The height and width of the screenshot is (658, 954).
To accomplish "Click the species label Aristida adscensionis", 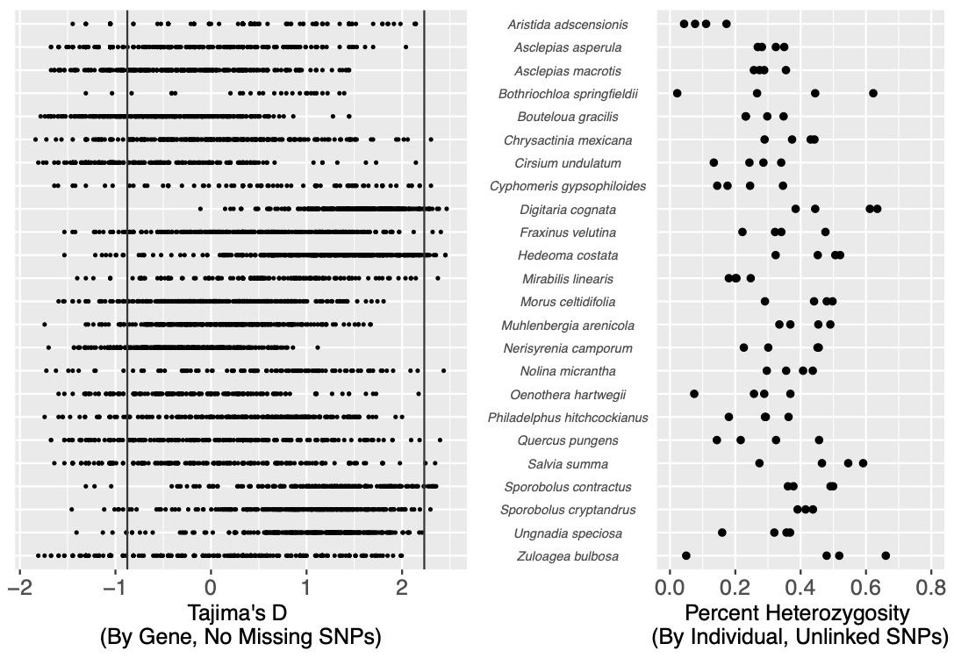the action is [568, 25].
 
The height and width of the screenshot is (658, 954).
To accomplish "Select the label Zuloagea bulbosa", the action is [568, 556].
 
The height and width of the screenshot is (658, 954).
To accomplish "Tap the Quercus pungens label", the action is [568, 441].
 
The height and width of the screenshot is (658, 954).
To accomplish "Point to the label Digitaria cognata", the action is [568, 210].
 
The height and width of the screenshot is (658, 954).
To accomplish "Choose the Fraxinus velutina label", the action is [568, 232].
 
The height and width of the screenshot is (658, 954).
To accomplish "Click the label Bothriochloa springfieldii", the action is [568, 94].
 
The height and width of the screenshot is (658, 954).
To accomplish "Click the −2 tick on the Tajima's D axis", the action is [20, 589].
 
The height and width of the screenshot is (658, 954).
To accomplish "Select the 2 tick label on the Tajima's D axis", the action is [402, 589].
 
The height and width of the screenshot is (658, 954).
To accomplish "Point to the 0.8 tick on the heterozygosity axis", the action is [930, 589].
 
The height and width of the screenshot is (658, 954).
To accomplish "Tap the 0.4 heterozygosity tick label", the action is [800, 589].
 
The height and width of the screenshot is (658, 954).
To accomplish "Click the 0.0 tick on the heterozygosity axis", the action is [670, 589].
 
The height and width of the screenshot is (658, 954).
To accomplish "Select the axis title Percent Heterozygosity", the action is [800, 613].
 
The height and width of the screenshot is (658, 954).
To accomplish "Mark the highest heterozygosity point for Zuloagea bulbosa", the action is [886, 555].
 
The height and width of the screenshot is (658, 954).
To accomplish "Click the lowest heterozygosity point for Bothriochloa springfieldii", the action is [678, 93].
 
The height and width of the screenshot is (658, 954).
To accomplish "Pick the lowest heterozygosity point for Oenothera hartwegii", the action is [694, 393].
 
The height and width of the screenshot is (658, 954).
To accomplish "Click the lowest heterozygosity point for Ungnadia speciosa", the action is [722, 533].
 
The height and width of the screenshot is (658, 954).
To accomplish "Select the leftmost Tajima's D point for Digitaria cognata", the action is [200, 209].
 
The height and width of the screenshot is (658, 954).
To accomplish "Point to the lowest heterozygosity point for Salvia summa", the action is [759, 462].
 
